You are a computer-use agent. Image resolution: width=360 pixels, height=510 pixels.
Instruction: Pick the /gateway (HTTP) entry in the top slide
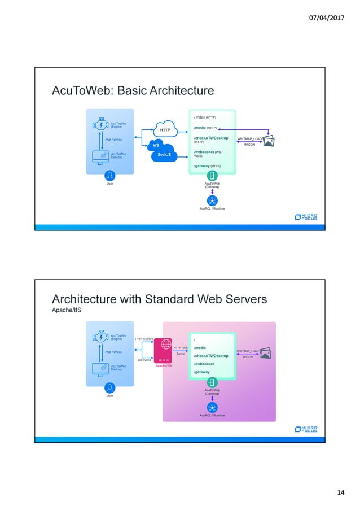(x=207, y=166)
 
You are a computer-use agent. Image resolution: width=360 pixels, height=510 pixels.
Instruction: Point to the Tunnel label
(x=181, y=354)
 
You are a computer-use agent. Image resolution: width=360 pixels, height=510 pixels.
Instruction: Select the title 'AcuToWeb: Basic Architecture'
(x=133, y=90)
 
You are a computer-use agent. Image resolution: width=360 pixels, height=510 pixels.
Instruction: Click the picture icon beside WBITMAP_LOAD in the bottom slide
(x=265, y=353)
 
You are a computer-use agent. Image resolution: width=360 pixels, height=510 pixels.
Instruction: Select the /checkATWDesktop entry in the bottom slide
(x=211, y=356)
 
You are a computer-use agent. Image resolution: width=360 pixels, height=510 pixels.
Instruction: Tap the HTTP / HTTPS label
(x=144, y=339)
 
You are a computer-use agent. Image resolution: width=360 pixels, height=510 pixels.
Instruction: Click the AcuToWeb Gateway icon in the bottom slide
(x=212, y=382)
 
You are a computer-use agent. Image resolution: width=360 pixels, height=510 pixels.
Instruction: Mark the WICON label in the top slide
(x=249, y=145)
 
